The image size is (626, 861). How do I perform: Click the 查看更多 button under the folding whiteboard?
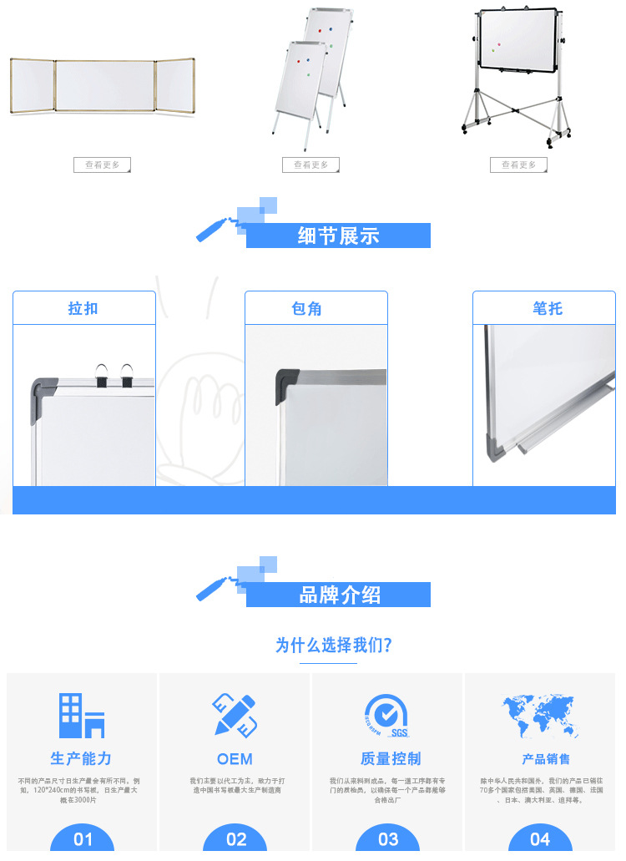click(x=102, y=165)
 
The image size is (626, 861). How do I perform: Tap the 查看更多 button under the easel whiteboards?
click(x=310, y=165)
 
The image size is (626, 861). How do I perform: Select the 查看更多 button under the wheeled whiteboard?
click(x=518, y=165)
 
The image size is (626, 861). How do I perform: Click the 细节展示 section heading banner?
click(x=338, y=236)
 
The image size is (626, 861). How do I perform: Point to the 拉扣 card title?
click(x=83, y=308)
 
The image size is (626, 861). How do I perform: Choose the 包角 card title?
click(x=316, y=308)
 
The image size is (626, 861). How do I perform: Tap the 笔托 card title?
click(x=548, y=308)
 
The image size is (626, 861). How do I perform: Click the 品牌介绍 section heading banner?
click(x=338, y=595)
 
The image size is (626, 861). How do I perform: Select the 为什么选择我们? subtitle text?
click(x=333, y=646)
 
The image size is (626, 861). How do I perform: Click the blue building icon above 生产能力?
click(x=82, y=716)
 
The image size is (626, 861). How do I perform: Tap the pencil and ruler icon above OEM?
click(x=235, y=715)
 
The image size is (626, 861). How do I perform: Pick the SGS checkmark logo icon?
click(x=386, y=716)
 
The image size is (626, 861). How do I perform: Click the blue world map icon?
click(x=540, y=716)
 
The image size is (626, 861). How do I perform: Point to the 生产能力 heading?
click(x=81, y=758)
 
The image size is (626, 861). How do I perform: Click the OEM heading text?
click(x=235, y=759)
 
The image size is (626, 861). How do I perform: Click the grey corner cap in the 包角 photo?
click(x=287, y=384)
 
